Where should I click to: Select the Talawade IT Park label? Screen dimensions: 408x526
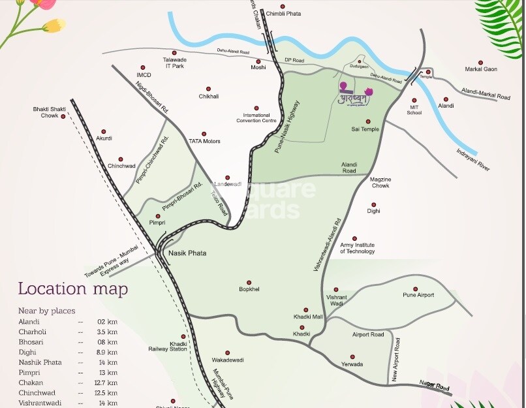tap(174, 63)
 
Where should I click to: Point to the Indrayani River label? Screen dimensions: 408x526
tap(473, 159)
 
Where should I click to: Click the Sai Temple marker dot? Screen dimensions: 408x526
tap(368, 121)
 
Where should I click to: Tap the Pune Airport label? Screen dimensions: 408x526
tap(418, 295)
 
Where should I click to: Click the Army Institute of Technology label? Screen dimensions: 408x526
tap(358, 248)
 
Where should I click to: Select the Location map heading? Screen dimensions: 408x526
tap(72, 289)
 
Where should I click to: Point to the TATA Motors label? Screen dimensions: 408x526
tap(204, 141)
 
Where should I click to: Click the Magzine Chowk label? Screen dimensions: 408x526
tap(380, 182)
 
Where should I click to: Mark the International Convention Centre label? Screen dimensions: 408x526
tap(256, 118)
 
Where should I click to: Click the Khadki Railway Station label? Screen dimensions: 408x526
tap(178, 346)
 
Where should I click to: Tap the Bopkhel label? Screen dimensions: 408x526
tap(249, 289)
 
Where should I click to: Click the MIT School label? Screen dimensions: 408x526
tap(414, 110)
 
